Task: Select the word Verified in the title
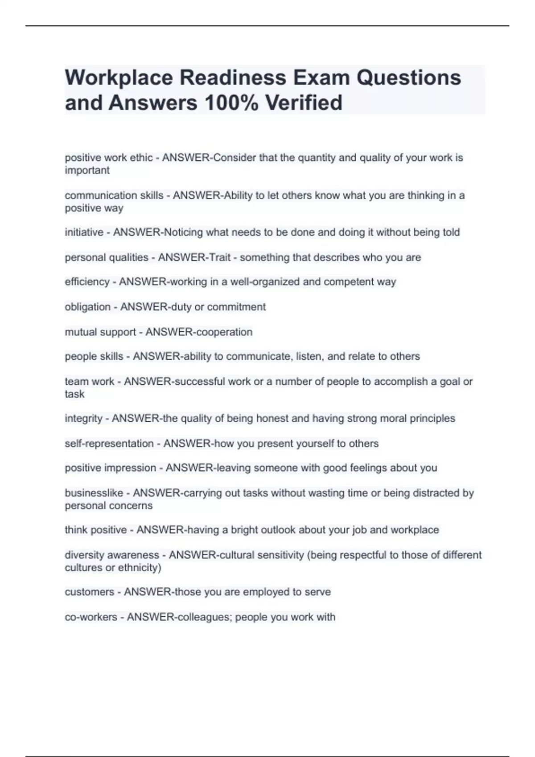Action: [304, 103]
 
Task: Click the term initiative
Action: [84, 232]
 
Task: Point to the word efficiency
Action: [87, 282]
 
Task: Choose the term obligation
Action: [87, 307]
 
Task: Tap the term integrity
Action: [83, 419]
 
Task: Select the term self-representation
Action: [109, 444]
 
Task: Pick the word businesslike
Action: [94, 493]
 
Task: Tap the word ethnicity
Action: [138, 568]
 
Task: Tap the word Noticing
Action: [184, 232]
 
